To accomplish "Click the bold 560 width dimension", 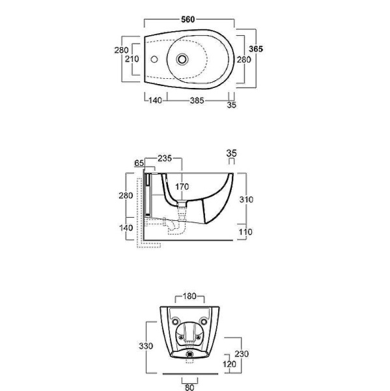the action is click(188, 20).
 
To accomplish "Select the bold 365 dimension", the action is click(256, 49).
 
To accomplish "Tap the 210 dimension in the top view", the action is click(132, 59).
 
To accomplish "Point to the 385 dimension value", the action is click(197, 100).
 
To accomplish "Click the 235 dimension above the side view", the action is click(165, 158).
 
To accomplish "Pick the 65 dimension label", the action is click(139, 163).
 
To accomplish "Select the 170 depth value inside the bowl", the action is click(182, 186).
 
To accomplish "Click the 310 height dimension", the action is click(246, 199).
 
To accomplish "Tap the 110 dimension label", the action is click(245, 232).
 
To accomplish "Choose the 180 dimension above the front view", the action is click(189, 297).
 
